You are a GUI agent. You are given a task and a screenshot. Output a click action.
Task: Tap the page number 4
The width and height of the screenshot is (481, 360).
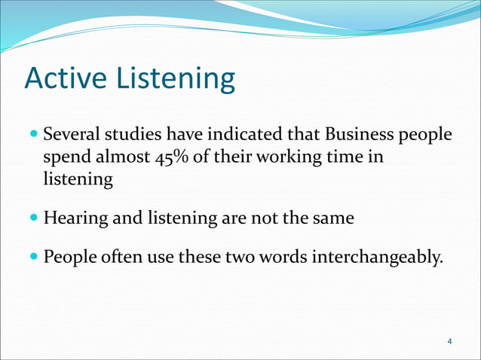pos(449,343)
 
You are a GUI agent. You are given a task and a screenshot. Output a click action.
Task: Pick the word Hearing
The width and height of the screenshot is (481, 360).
pos(75,219)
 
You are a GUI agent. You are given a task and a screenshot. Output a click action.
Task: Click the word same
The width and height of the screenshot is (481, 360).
pos(336,219)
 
